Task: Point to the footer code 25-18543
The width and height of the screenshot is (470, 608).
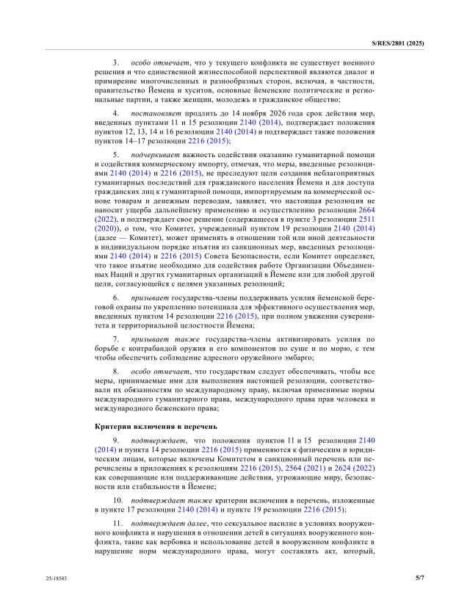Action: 57,579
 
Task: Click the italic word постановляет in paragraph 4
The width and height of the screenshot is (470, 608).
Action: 154,114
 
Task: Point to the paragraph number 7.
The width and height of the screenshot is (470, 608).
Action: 116,340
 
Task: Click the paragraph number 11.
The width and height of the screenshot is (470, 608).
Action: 117,522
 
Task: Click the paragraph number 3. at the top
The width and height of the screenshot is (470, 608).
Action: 116,64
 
